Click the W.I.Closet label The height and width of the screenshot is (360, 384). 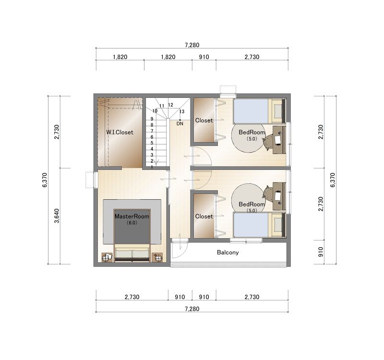click(120, 132)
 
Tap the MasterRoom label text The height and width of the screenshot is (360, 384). click(132, 216)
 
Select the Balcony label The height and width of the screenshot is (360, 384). click(228, 252)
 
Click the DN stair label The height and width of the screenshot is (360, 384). click(180, 124)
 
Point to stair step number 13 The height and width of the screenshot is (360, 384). click(182, 111)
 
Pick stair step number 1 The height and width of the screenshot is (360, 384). click(152, 167)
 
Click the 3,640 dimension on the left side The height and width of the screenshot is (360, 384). click(57, 216)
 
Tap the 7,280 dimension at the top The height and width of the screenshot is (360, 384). click(192, 45)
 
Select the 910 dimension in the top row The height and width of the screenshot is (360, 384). click(204, 57)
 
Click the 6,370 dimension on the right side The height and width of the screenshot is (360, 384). click(332, 180)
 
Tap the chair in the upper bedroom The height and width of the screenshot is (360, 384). click(268, 142)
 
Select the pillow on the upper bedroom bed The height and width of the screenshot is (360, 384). click(278, 111)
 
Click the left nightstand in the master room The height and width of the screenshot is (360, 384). click(107, 257)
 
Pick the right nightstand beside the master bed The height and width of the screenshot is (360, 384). click(157, 257)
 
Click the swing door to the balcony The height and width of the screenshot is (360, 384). click(179, 250)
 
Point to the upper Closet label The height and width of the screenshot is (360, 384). click(204, 120)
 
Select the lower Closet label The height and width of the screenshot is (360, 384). click(204, 216)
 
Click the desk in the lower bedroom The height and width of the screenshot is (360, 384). click(279, 196)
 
